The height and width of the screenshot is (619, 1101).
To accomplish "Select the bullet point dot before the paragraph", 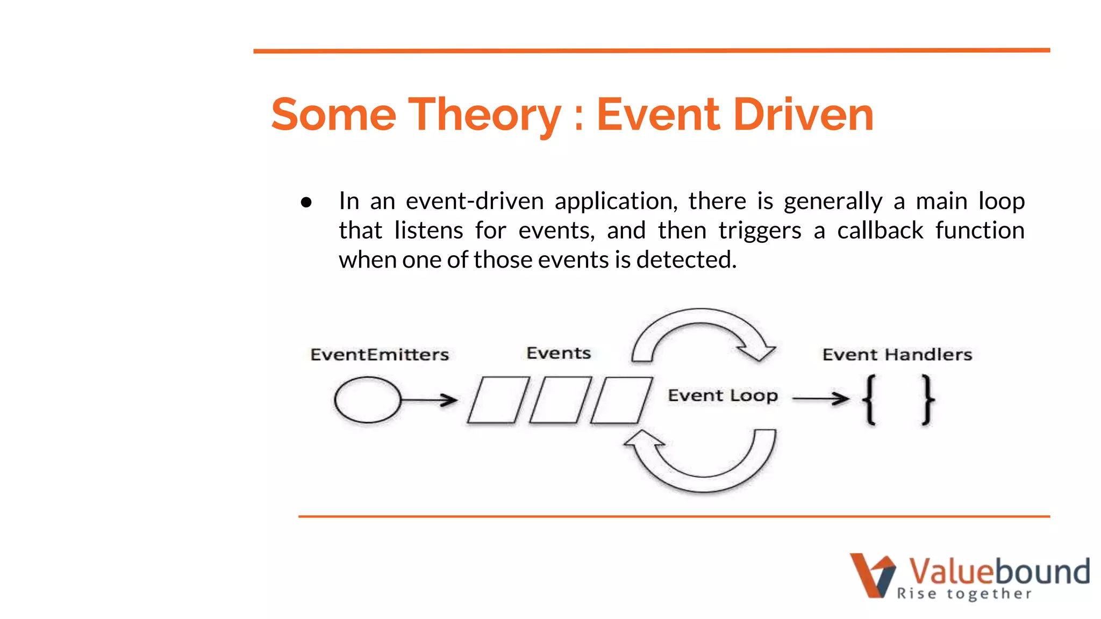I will point(306,203).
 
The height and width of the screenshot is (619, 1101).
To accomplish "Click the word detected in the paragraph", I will point(686,260).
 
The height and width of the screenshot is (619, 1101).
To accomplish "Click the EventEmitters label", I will point(380,355).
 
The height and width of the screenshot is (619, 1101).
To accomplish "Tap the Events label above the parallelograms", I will point(559,353).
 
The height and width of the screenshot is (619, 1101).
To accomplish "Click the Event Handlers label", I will point(897,355).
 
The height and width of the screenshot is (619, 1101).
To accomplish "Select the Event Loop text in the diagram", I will point(723,396).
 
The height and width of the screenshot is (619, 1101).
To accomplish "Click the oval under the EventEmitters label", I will point(368,400).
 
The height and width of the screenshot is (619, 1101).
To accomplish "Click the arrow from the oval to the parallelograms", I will point(430,400).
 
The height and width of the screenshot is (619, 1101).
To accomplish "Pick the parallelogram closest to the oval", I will point(498,400).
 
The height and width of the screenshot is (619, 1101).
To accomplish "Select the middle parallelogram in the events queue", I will point(560,400).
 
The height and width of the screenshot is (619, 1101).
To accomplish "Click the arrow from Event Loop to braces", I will point(820,398).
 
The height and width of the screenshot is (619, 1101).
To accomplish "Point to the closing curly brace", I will point(927,400).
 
